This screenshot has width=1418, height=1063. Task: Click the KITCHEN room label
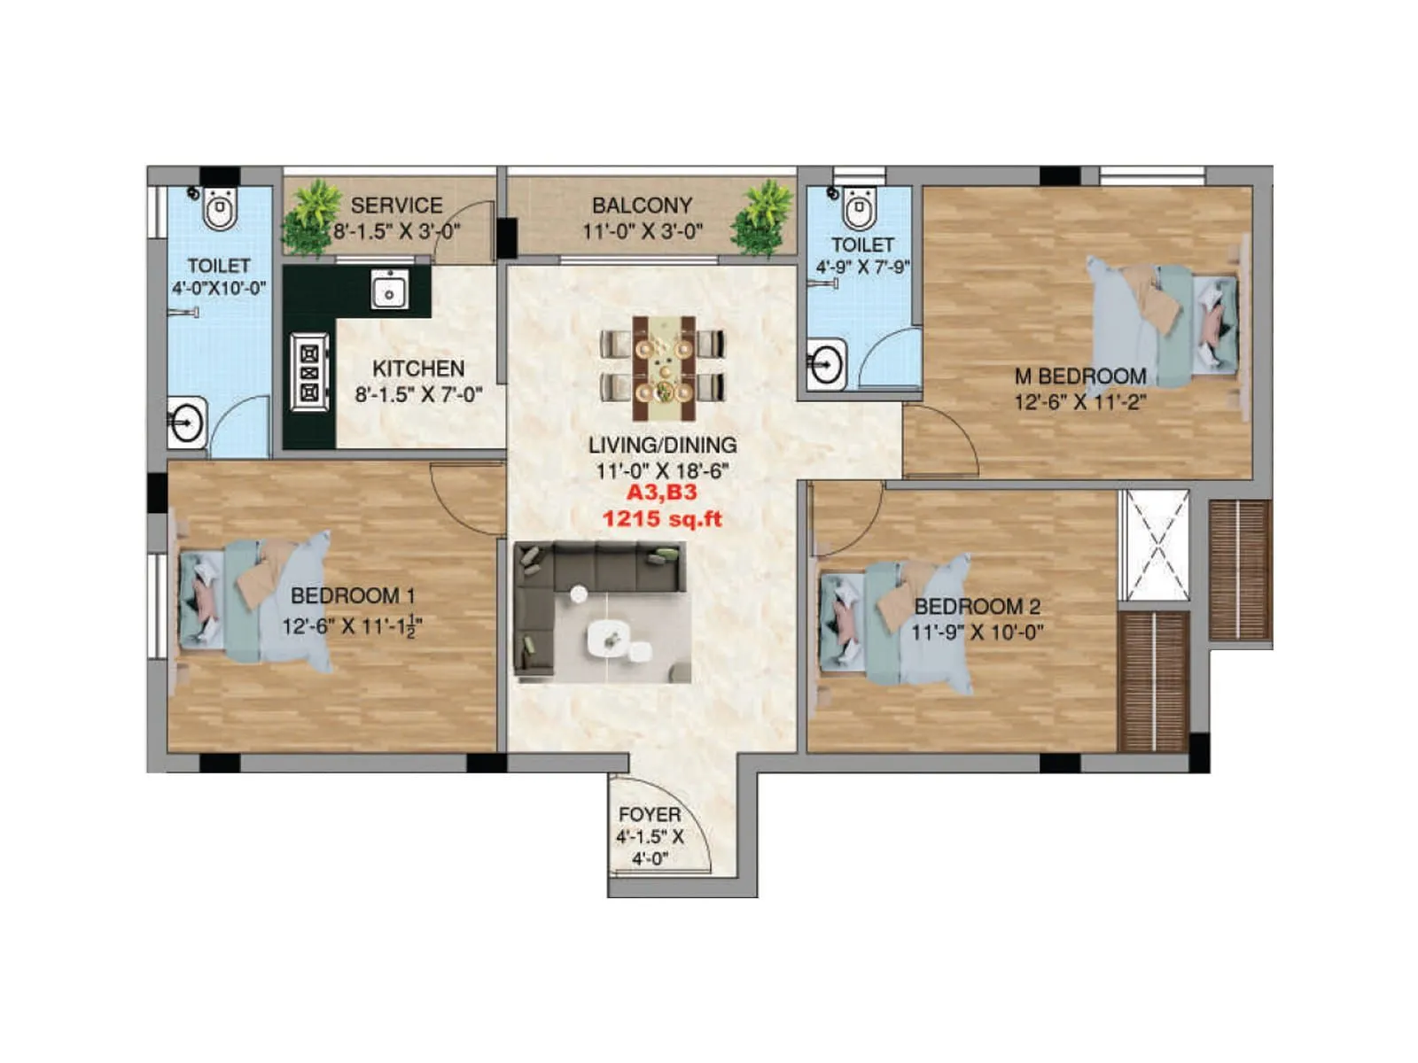(x=418, y=369)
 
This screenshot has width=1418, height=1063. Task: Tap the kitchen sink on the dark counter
(x=389, y=291)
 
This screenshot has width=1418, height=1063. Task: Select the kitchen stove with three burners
(x=309, y=372)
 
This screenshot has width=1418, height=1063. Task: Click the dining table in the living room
(x=663, y=369)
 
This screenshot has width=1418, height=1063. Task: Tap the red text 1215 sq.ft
(x=662, y=518)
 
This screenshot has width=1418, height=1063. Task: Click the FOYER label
(x=650, y=814)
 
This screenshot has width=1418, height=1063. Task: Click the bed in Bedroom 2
(x=895, y=623)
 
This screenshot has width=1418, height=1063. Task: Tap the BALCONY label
(x=642, y=206)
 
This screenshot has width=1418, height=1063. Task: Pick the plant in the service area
(x=311, y=217)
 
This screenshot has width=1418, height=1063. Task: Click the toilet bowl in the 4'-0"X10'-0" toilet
(x=220, y=209)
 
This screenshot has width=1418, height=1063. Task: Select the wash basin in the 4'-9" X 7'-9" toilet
(x=825, y=363)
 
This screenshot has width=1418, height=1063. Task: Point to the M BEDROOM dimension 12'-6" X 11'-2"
(x=1079, y=402)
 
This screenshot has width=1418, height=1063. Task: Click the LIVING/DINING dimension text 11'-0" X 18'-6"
(x=662, y=470)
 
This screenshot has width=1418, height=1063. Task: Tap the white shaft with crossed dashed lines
(x=1155, y=545)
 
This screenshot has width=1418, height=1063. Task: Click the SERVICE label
(x=396, y=206)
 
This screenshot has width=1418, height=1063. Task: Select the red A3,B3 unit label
(x=662, y=493)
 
